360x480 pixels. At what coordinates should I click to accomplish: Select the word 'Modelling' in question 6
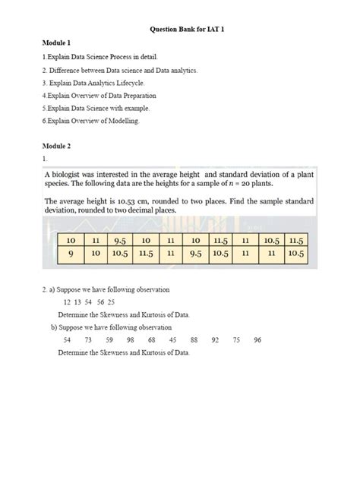pyautogui.click(x=123, y=122)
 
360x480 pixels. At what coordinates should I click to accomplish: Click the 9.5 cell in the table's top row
pyautogui.click(x=120, y=239)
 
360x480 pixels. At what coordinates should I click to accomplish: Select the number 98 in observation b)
pyautogui.click(x=131, y=339)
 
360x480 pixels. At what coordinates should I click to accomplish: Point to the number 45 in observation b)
pyautogui.click(x=173, y=339)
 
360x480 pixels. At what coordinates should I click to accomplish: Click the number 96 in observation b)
pyautogui.click(x=257, y=339)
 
